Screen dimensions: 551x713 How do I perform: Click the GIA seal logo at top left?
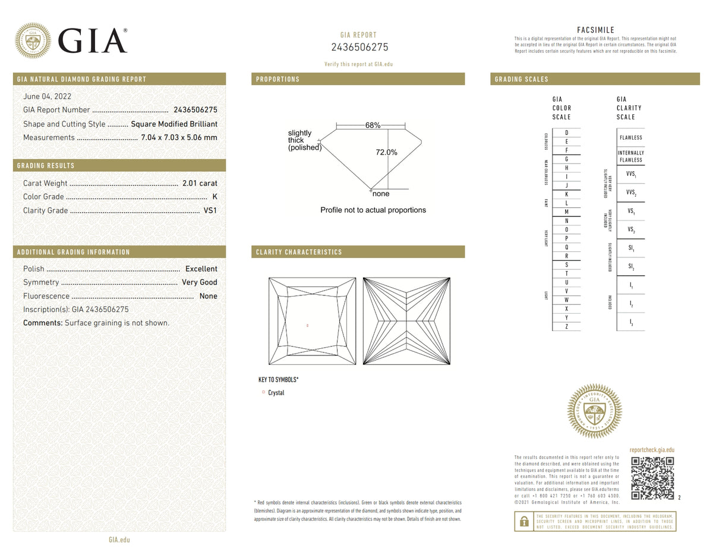point(32,40)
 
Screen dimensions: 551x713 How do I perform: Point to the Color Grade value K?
point(214,197)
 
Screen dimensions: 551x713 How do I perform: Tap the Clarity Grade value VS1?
point(210,210)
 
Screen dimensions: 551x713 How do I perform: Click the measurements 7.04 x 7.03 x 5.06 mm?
point(179,137)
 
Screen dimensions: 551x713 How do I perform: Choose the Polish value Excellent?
point(201,269)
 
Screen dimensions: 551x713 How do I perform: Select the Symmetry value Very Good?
point(200,282)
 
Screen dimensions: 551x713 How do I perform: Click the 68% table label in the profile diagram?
point(373,125)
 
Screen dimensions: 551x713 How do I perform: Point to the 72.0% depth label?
point(386,152)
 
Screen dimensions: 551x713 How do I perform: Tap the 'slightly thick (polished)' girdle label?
point(304,140)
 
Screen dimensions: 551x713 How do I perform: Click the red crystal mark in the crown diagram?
point(307,325)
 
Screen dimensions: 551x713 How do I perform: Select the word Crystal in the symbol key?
point(276,393)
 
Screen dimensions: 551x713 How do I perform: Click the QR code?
point(652,478)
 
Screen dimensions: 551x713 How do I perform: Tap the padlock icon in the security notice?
point(523,521)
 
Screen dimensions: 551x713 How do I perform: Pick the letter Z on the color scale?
point(566,327)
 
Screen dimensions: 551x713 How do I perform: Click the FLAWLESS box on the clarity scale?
point(630,138)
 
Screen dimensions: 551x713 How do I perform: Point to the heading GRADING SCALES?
point(522,79)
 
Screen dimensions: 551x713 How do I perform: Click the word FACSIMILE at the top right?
point(595,30)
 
